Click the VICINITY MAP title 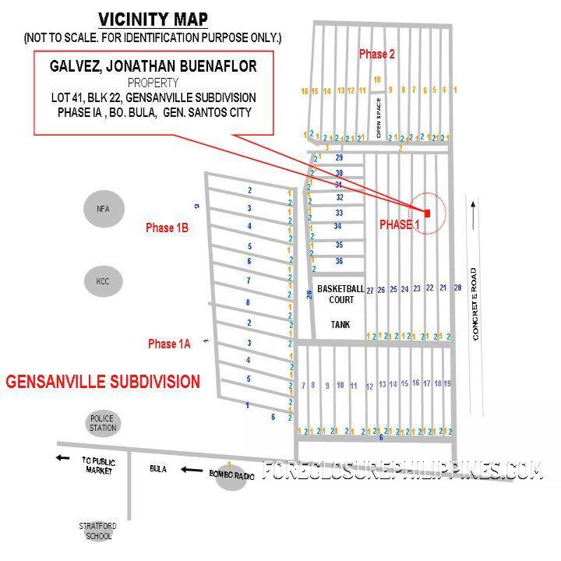pyautogui.click(x=153, y=19)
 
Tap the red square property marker pyautogui.click(x=427, y=212)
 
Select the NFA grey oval pyautogui.click(x=103, y=209)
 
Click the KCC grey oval pyautogui.click(x=103, y=280)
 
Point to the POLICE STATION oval pyautogui.click(x=103, y=423)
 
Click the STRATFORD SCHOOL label pyautogui.click(x=98, y=531)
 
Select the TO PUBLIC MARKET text pyautogui.click(x=98, y=466)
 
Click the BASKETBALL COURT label pyautogui.click(x=340, y=294)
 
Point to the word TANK pyautogui.click(x=340, y=324)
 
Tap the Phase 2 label pyautogui.click(x=376, y=54)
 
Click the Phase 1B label pyautogui.click(x=168, y=228)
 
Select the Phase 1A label pyautogui.click(x=169, y=344)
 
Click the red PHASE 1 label pyautogui.click(x=400, y=224)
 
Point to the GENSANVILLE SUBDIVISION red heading pyautogui.click(x=103, y=382)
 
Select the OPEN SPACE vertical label pyautogui.click(x=379, y=118)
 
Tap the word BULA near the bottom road pyautogui.click(x=158, y=470)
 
